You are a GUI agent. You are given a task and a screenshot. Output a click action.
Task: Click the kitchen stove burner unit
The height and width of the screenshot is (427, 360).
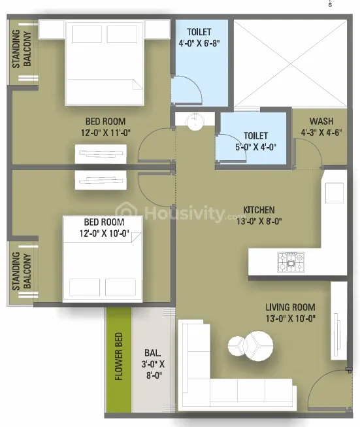pos(291,262)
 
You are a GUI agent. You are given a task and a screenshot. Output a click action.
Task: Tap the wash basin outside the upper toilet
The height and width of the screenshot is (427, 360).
pos(195,122)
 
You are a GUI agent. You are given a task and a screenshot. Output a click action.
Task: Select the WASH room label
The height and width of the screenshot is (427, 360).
pos(321,121)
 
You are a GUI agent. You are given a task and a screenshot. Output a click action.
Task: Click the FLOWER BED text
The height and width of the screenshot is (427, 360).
pos(119,356)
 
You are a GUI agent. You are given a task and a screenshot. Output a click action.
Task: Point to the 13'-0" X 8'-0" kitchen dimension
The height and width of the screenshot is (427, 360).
pos(259,221)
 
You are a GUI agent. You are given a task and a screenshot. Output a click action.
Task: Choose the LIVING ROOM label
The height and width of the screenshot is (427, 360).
pos(290,307)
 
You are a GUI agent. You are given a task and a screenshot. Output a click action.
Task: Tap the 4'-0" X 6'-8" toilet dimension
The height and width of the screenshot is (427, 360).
pos(199,43)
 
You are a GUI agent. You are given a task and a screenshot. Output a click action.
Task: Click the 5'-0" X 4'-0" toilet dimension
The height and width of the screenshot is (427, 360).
pos(255,147)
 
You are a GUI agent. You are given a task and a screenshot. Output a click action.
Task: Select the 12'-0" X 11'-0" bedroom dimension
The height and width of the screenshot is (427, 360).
pos(106,133)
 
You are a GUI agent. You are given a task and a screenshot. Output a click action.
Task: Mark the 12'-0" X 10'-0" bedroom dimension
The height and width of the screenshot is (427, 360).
pos(105,233)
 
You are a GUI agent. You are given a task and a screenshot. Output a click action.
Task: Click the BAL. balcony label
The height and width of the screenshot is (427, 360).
pos(153,353)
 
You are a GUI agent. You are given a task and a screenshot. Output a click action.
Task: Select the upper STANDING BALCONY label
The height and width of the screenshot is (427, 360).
pos(22,49)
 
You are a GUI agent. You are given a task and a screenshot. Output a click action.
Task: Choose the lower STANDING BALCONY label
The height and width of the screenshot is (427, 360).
pos(22,271)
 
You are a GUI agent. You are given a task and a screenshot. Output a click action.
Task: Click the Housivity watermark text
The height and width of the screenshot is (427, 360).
pos(185,213)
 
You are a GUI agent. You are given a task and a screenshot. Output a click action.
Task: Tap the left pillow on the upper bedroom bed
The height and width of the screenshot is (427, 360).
pos(87,34)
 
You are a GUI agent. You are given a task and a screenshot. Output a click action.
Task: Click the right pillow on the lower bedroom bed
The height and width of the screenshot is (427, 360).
pos(120,287)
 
